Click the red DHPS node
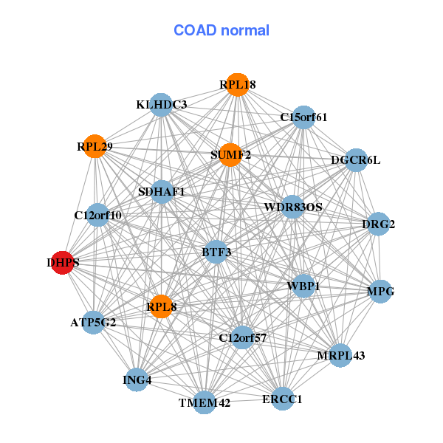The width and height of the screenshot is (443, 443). tap(63, 262)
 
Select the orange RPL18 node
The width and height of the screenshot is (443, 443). tap(237, 85)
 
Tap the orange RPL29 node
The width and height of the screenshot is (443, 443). tap(95, 146)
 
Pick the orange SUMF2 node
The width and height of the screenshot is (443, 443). tap(230, 155)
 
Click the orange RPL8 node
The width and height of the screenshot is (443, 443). tap(161, 306)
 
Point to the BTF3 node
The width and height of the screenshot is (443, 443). tap(216, 253)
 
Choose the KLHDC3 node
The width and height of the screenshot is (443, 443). tap(161, 105)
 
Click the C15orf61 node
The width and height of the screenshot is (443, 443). tap(303, 117)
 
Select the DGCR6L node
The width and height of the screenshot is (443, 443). tap(356, 160)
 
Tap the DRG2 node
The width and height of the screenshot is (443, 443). tap(378, 224)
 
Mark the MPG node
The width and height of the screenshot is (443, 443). tap(380, 291)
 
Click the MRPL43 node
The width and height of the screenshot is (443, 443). tap(340, 355)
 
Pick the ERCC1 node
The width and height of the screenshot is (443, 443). tap(282, 399)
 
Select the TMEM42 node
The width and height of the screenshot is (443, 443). tap(205, 402)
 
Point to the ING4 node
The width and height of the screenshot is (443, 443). tap(137, 380)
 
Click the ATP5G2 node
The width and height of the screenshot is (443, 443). tap(93, 322)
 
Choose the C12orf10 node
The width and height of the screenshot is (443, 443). tap(97, 216)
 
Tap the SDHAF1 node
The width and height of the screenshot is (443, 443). tap(162, 192)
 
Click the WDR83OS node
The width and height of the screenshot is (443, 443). tap(293, 207)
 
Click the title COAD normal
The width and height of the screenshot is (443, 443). tap(221, 31)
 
